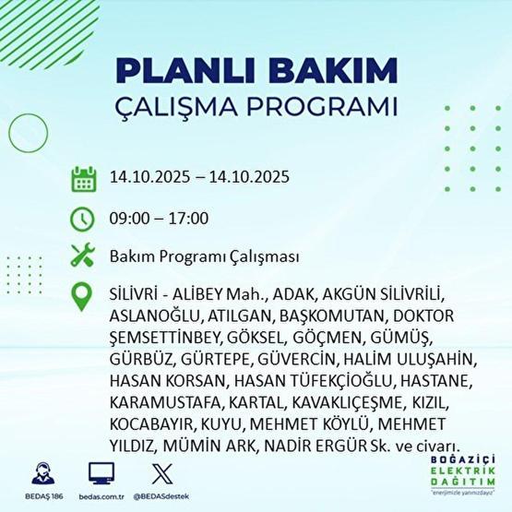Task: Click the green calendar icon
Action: click(83, 178)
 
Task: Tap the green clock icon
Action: click(83, 219)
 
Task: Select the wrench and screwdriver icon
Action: click(83, 256)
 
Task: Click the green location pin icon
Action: click(83, 297)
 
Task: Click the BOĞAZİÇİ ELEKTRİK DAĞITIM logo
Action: click(452, 475)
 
